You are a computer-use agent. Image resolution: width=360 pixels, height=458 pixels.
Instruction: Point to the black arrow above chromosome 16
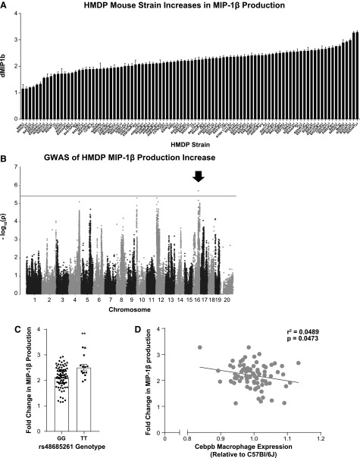(x=199, y=177)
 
